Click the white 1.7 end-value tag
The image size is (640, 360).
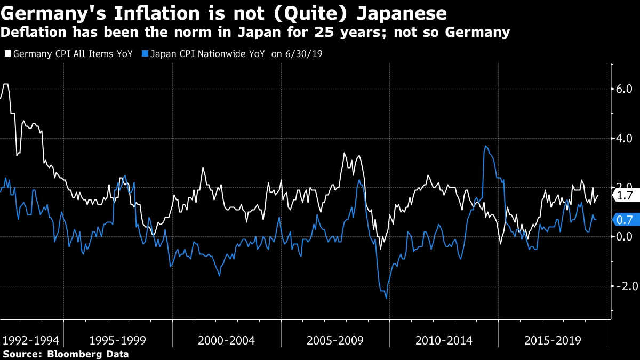click(623, 196)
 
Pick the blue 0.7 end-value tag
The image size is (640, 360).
click(623, 219)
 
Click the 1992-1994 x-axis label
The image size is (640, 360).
click(30, 340)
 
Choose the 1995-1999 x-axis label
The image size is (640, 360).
click(118, 340)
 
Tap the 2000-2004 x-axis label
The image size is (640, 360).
click(226, 340)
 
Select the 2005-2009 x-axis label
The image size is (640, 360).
click(335, 340)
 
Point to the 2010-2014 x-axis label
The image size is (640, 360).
click(443, 340)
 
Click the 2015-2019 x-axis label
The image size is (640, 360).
click(552, 340)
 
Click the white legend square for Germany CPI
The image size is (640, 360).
click(7, 54)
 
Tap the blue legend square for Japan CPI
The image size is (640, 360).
click(145, 54)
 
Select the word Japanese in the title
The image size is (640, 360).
click(403, 12)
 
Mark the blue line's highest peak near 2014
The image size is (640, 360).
click(485, 146)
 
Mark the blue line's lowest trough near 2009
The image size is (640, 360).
click(386, 298)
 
